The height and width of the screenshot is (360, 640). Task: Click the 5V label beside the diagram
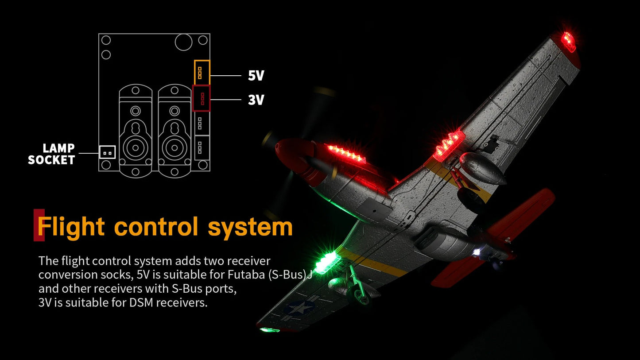coord(256,76)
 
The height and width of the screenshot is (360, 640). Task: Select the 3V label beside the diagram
coord(256,100)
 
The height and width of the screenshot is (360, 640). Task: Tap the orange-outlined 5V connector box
coord(202,73)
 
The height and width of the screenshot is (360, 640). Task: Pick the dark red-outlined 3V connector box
coord(202,98)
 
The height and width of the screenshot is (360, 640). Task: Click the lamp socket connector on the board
coord(108,152)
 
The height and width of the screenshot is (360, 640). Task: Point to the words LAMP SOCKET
coord(52,154)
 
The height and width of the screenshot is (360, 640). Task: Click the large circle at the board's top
coord(183,42)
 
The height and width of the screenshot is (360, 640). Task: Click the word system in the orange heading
coord(250,228)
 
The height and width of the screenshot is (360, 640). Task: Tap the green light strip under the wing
coord(327,262)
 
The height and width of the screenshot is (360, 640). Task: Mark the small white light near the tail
coord(476,252)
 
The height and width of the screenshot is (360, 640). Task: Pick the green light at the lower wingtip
coord(269,330)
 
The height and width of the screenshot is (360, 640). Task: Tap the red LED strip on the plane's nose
coord(346,154)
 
